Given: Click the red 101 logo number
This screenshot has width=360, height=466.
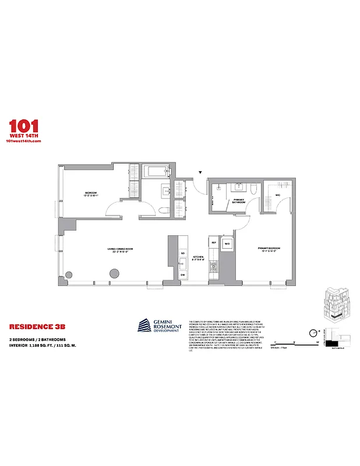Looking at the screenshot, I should (x=24, y=126).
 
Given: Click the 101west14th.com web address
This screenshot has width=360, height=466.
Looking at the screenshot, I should (x=24, y=142).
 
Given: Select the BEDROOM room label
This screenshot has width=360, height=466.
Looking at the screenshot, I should (x=90, y=193).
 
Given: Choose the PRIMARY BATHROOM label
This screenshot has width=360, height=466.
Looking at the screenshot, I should (x=239, y=201).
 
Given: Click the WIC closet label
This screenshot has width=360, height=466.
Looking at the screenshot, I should (x=278, y=195).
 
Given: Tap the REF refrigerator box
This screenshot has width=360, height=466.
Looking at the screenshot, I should (x=214, y=242).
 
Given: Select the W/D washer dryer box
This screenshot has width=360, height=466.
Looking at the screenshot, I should (x=227, y=243).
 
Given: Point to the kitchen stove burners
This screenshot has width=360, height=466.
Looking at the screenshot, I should (x=214, y=266).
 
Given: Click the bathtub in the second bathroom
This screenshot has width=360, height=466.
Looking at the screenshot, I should (x=156, y=172).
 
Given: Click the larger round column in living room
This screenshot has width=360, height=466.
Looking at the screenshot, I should (x=114, y=273).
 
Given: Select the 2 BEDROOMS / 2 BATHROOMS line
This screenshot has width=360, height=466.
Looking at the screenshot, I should (x=37, y=339).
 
